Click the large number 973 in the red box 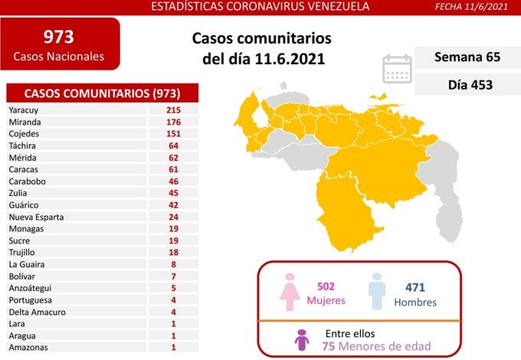pos(58,37)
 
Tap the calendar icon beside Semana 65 pos(397,67)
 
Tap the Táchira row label pos(23,146)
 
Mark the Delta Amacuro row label pos(38,312)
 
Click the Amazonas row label pos(28,347)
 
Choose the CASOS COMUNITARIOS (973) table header pos(102,93)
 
